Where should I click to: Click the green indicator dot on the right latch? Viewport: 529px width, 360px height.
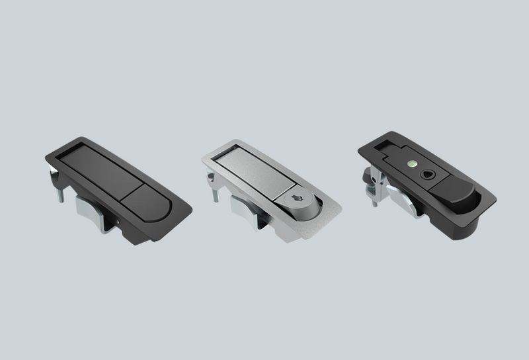click(413, 161)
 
